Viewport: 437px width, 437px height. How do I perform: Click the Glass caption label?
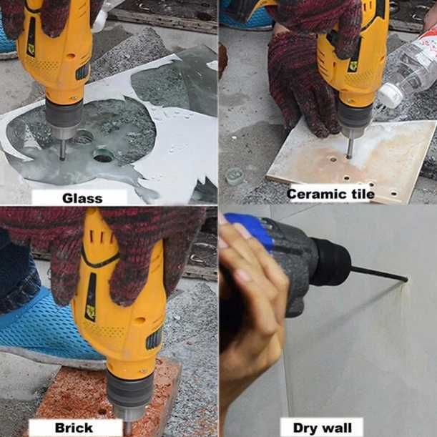[82, 198]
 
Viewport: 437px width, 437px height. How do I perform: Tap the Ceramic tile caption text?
[330, 194]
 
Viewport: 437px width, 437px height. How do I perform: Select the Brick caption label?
[74, 428]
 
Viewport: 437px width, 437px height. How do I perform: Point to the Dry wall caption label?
[323, 428]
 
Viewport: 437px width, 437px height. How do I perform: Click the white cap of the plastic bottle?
[391, 95]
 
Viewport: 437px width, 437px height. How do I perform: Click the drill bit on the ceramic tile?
[349, 148]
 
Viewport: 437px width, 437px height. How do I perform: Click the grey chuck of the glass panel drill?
[64, 114]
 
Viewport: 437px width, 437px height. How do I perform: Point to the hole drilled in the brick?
[102, 411]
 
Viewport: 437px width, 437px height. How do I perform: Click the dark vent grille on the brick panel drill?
[154, 338]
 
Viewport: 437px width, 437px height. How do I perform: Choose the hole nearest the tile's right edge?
[393, 193]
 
